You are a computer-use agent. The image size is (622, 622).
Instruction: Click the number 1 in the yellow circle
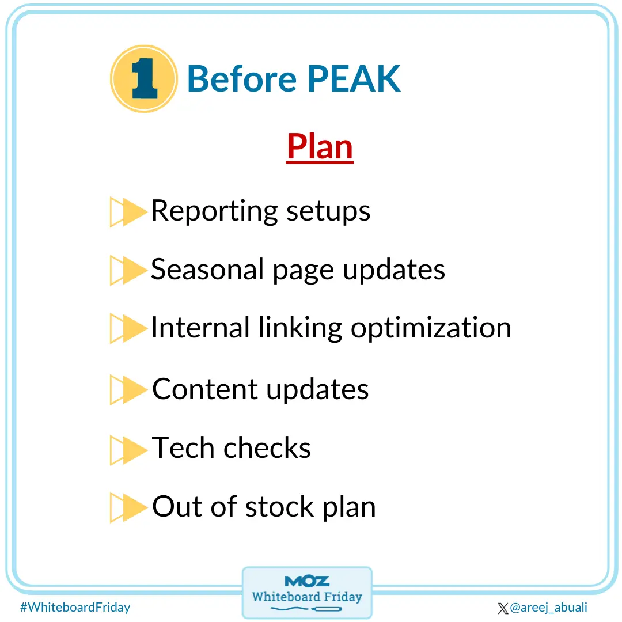[143, 79]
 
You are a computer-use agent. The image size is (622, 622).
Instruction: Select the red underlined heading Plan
[320, 147]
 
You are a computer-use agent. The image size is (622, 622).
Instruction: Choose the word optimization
[431, 328]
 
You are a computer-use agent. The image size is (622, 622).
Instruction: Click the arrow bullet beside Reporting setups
[128, 212]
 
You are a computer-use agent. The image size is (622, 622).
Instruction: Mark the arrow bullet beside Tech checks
[128, 449]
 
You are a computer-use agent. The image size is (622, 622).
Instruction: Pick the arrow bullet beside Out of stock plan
[128, 508]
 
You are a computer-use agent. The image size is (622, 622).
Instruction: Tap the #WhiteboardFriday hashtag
[75, 607]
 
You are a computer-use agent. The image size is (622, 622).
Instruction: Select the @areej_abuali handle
[548, 608]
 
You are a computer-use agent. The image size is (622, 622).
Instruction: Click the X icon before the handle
[503, 608]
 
